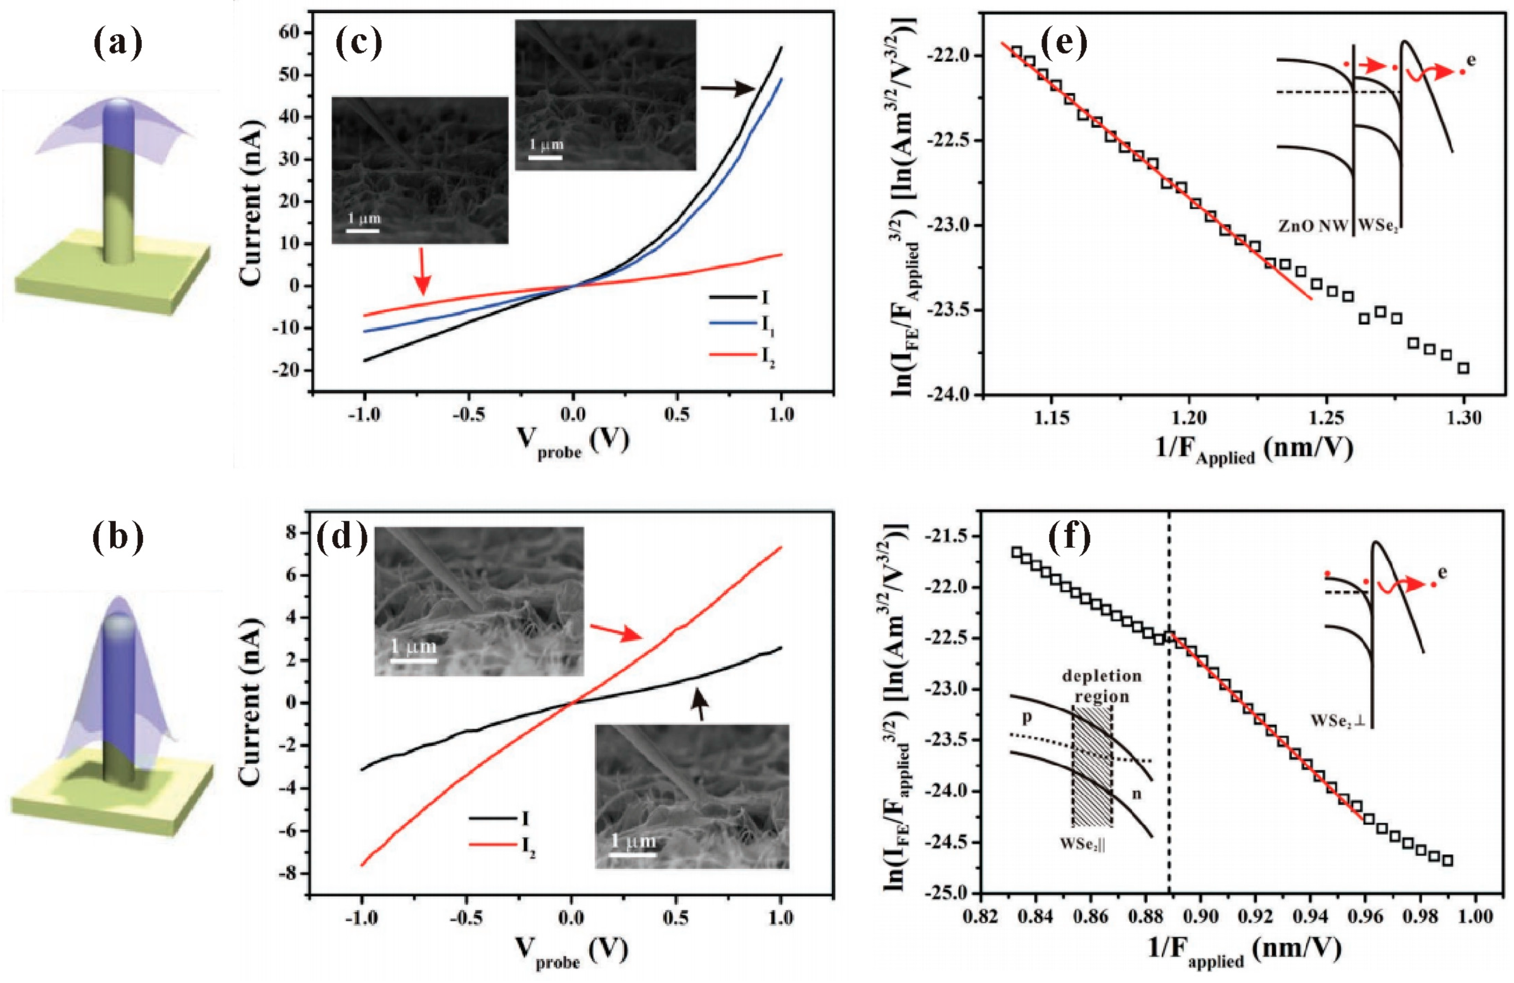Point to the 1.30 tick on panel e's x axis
coord(1463,418)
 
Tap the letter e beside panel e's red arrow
coord(1471,61)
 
